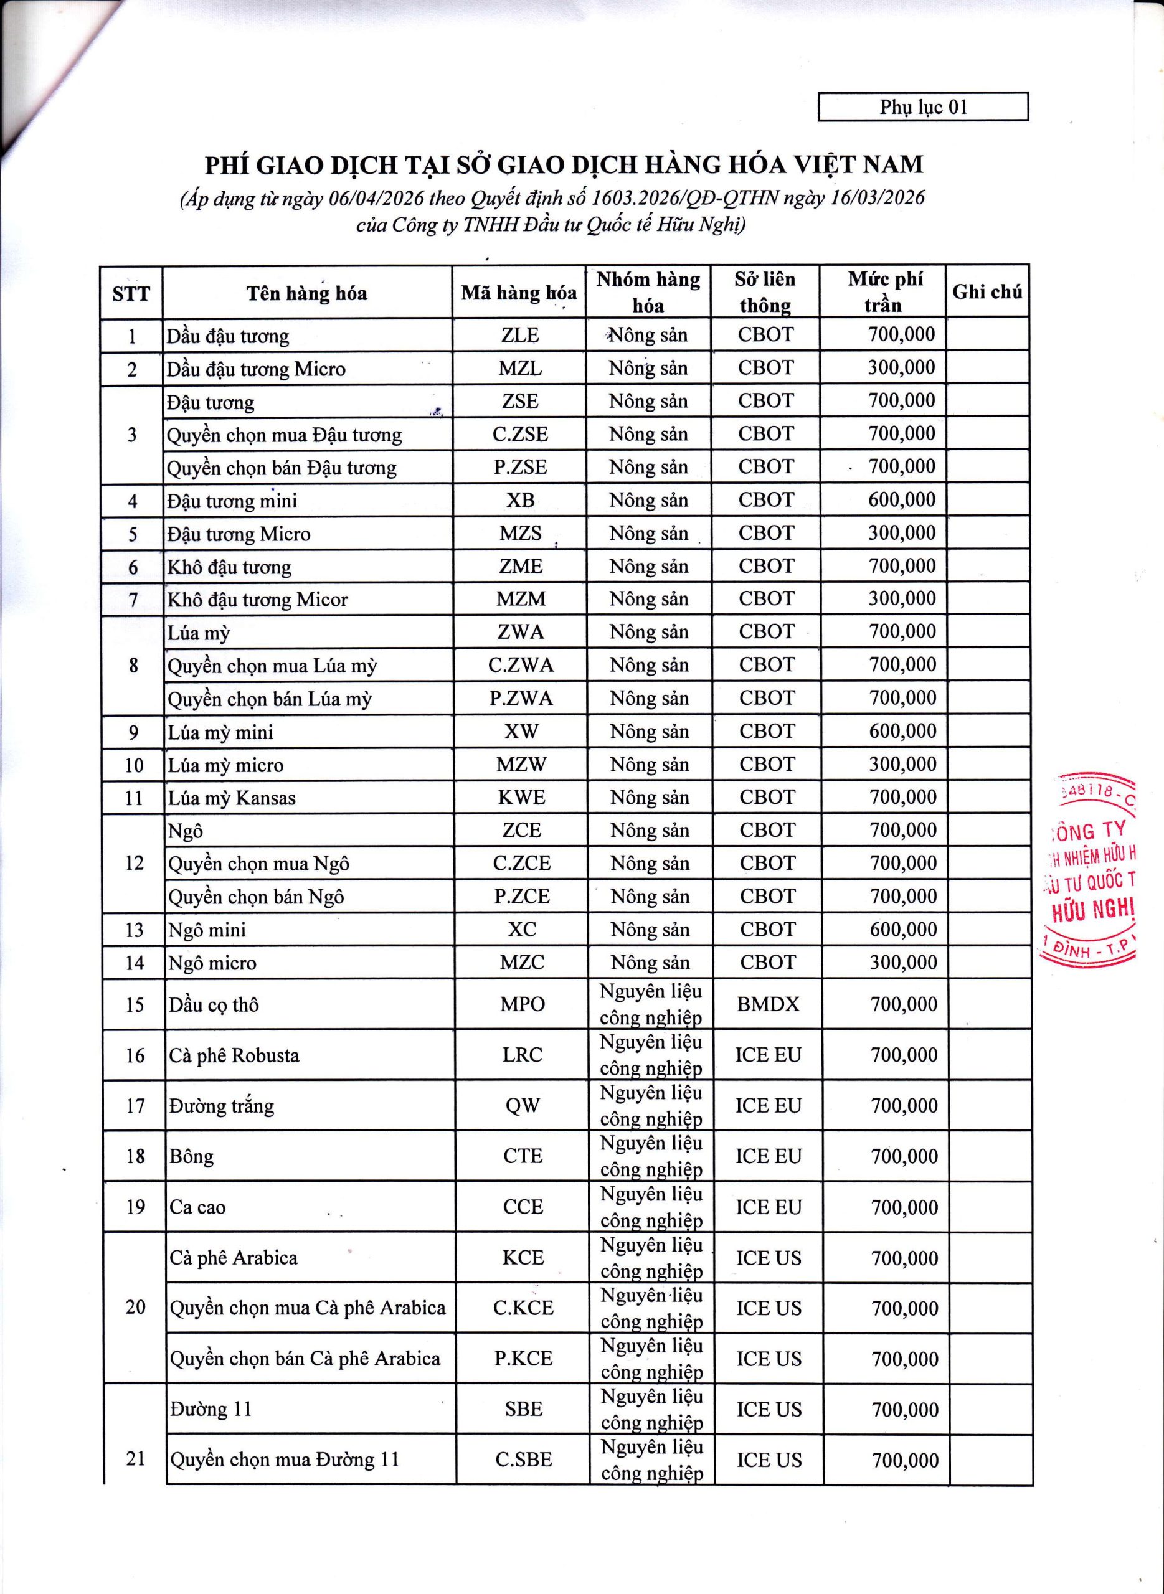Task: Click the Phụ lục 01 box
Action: coord(922,107)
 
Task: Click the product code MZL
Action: coord(520,368)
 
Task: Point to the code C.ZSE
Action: coord(520,434)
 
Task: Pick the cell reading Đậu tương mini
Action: coord(232,501)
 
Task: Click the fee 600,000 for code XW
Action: coord(902,731)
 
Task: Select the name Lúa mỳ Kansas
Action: coord(231,798)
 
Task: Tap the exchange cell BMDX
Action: coord(767,1004)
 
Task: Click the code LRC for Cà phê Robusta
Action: coord(522,1054)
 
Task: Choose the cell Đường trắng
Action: coord(221,1106)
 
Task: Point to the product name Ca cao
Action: coord(197,1207)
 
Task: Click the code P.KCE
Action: coord(523,1359)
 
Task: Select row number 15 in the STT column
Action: coord(135,1004)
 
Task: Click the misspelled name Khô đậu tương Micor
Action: coord(257,600)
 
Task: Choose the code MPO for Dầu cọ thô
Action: coord(522,1004)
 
